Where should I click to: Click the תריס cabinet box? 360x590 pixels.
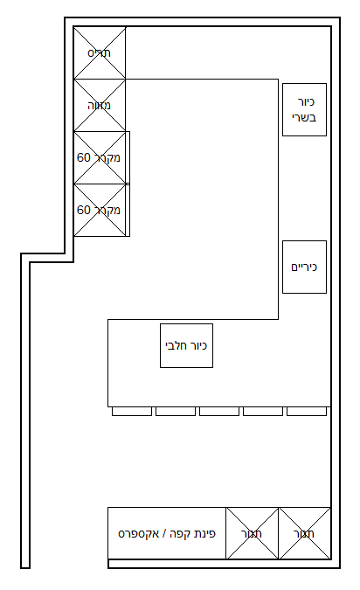click(100, 53)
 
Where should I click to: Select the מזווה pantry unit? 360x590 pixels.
click(100, 106)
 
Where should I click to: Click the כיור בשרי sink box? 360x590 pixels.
click(304, 109)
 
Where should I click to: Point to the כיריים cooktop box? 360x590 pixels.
click(304, 267)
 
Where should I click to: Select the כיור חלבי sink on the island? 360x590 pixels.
click(186, 345)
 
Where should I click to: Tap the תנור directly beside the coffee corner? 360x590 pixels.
click(253, 533)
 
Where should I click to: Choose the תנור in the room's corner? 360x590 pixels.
click(304, 533)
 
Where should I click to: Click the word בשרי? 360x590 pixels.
click(304, 117)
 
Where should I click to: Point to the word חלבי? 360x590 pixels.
click(177, 346)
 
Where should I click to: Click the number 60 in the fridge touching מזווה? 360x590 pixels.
click(85, 158)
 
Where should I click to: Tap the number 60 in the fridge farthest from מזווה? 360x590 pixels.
click(85, 211)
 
